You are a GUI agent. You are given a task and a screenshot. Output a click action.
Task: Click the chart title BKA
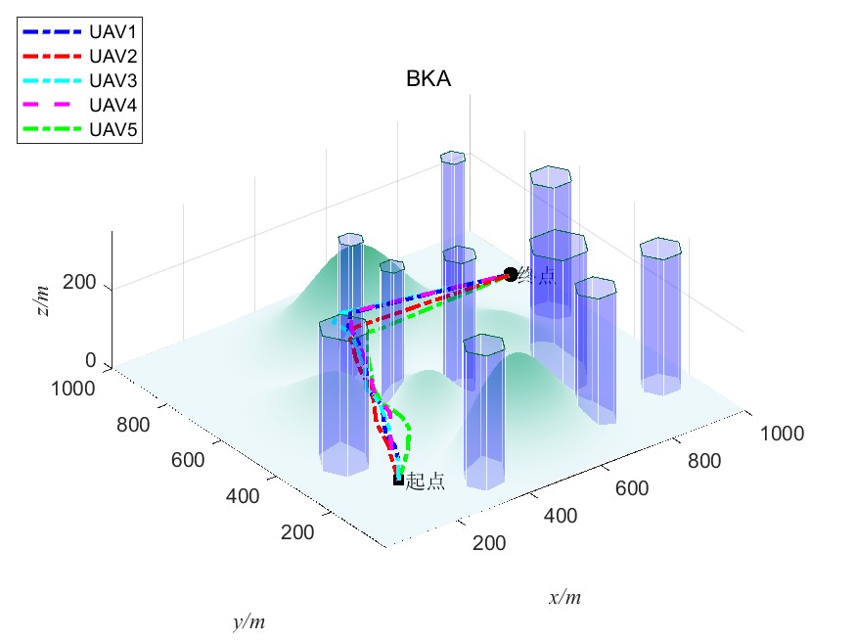[x=428, y=80]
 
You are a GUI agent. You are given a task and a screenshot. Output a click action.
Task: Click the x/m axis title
[x=565, y=597]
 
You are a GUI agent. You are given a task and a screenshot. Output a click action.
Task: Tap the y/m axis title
[x=249, y=621]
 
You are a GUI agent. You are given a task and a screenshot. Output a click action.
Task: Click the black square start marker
[x=398, y=480]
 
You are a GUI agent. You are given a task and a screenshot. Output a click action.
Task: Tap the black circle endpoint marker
[x=510, y=275]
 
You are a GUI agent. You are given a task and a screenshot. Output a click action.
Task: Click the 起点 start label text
[x=425, y=481]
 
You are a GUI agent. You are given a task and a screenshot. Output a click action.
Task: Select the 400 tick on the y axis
[x=242, y=496]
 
